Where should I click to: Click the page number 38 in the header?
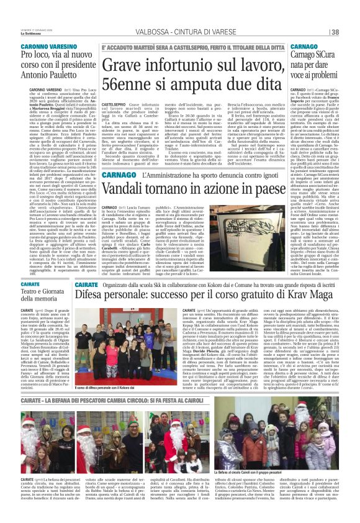point(351,32)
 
